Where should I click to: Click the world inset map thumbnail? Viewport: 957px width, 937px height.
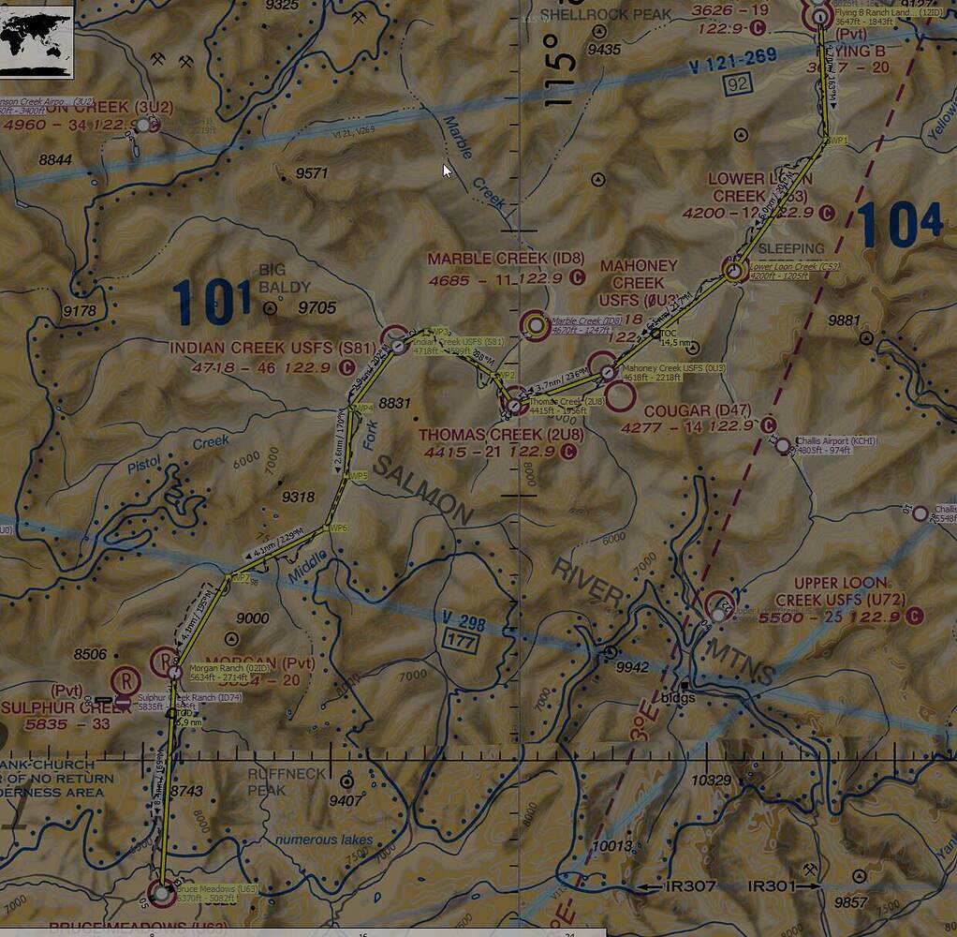pyautogui.click(x=37, y=38)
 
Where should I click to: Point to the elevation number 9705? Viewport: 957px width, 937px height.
pyautogui.click(x=317, y=307)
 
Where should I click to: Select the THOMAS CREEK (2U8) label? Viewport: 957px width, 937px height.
pyautogui.click(x=500, y=435)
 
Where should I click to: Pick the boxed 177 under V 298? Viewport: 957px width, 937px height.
pyautogui.click(x=462, y=643)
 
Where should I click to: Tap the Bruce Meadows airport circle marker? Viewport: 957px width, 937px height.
pyautogui.click(x=161, y=894)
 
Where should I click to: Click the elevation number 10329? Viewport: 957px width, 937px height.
pyautogui.click(x=711, y=780)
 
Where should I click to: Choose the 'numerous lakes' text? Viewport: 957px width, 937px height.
pyautogui.click(x=323, y=840)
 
